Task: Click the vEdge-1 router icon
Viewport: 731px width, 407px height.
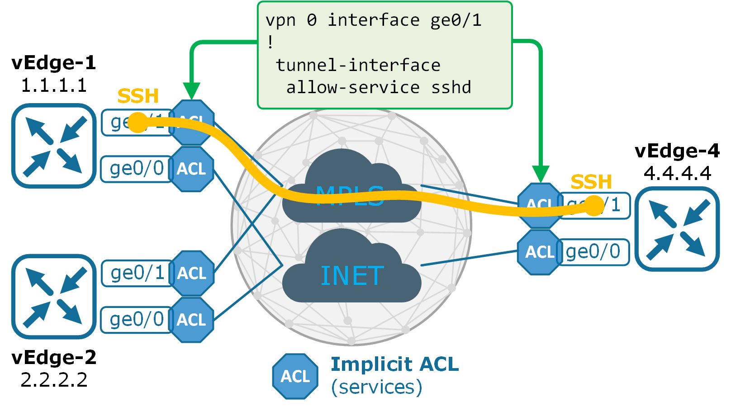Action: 54,146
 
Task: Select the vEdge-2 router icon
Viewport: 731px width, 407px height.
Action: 54,296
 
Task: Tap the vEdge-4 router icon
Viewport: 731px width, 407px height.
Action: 677,229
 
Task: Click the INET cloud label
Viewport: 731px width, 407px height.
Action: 352,276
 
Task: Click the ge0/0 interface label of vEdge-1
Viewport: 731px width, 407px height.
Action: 137,169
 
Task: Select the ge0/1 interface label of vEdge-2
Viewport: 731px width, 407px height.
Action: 137,273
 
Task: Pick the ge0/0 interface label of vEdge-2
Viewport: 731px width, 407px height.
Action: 137,320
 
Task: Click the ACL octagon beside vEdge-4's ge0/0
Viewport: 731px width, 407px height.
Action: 540,252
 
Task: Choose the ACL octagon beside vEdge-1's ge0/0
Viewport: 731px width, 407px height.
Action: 191,169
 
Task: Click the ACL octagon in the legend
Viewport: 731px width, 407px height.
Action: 295,376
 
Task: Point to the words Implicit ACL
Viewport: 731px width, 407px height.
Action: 394,364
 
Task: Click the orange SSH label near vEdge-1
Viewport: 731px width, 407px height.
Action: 138,96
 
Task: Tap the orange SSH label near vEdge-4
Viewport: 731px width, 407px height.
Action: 591,182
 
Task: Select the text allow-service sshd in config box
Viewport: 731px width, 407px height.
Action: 379,87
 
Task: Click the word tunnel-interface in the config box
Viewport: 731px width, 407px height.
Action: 358,65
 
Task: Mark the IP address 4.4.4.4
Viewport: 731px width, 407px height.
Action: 677,173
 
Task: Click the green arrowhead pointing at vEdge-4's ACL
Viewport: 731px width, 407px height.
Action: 541,174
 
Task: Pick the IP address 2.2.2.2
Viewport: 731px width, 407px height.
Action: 54,380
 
